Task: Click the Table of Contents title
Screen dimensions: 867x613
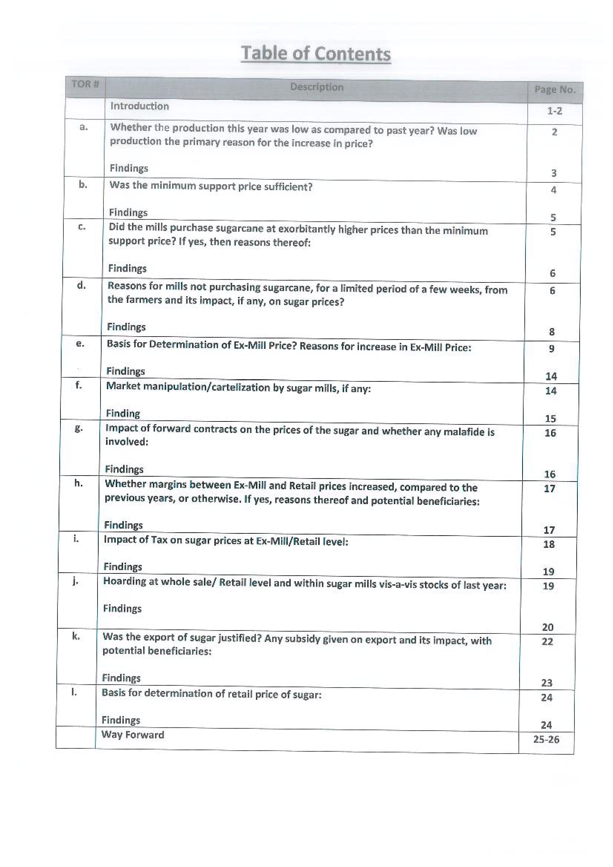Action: [x=316, y=53]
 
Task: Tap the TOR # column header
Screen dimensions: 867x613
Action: [x=85, y=84]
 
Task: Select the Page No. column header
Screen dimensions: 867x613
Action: [x=554, y=89]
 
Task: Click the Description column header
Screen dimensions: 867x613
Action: [x=316, y=87]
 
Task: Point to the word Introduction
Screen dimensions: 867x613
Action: [x=139, y=106]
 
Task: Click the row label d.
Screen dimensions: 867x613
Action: [x=81, y=285]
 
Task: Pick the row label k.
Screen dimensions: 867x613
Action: [x=76, y=636]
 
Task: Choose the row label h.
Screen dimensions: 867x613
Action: [x=78, y=483]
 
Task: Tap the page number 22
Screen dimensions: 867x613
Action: [x=547, y=641]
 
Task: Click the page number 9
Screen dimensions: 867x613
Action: [x=551, y=348]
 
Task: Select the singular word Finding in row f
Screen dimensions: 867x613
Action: [x=123, y=413]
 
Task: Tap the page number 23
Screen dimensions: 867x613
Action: [x=547, y=683]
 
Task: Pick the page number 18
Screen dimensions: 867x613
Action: [x=549, y=544]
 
